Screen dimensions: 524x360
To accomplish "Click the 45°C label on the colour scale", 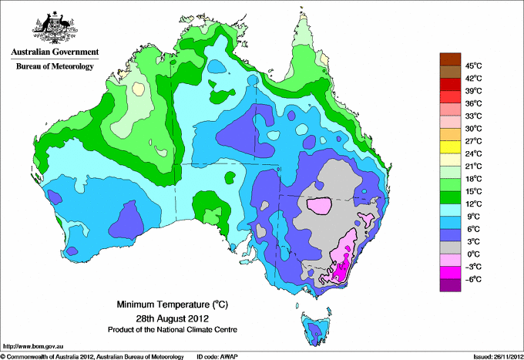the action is tap(474, 66).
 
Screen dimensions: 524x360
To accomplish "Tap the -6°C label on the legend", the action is tap(473, 279).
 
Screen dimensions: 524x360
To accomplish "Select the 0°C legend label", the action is tap(474, 254).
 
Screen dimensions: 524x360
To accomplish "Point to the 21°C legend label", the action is tap(474, 167).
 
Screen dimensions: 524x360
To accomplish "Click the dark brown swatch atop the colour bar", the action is tap(450, 59).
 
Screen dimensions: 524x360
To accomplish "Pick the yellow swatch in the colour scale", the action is tap(450, 147).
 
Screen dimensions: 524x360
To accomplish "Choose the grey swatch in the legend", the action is tap(450, 247).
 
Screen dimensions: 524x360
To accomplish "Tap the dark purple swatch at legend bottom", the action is tap(450, 285).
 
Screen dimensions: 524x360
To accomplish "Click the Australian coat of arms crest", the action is tap(55, 28).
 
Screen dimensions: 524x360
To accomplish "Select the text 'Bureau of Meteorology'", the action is tap(55, 66).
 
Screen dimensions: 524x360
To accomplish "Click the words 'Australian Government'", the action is tap(55, 52).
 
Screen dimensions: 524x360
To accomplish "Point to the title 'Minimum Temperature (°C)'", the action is tap(172, 304).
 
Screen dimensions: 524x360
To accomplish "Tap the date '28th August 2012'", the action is tap(172, 318).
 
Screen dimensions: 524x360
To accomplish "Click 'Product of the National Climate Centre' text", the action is tap(173, 330).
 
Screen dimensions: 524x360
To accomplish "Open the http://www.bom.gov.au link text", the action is tap(33, 347).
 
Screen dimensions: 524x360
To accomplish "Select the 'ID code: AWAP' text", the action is tap(217, 357).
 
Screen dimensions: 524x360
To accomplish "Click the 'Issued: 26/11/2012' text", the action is tap(499, 357).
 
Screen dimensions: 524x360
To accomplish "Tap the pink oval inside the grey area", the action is tap(319, 205).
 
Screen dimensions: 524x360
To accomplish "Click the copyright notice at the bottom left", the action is tap(92, 357).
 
